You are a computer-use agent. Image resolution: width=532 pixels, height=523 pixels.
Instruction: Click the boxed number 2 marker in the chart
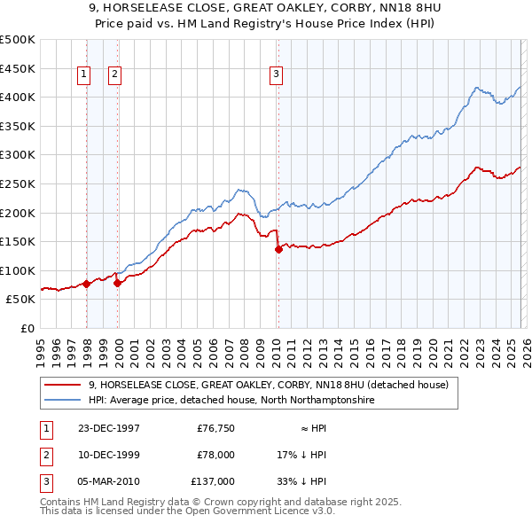[115, 75]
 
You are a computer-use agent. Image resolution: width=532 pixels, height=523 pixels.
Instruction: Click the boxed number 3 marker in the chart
[277, 75]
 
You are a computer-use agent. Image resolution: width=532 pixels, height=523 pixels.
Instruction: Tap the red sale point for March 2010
[278, 249]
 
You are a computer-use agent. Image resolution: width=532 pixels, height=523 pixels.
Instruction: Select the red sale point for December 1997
[87, 284]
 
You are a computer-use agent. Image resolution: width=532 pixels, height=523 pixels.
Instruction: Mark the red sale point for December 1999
[117, 283]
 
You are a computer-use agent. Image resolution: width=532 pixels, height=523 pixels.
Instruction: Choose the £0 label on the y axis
[27, 328]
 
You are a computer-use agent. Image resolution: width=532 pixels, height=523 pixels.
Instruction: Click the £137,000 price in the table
[213, 481]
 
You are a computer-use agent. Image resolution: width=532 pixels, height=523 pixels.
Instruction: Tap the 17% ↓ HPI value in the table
[301, 455]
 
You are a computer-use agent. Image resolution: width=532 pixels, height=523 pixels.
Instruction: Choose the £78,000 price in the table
[215, 455]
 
